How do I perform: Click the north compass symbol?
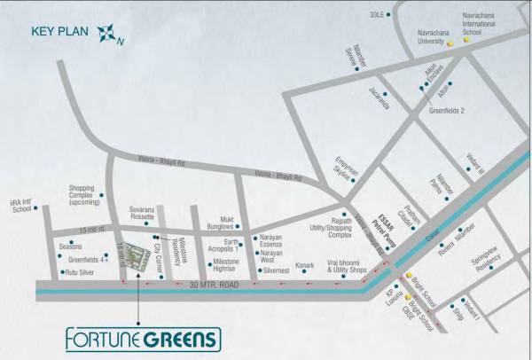[108, 34]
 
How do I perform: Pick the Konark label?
[304, 265]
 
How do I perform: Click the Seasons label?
[70, 246]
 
